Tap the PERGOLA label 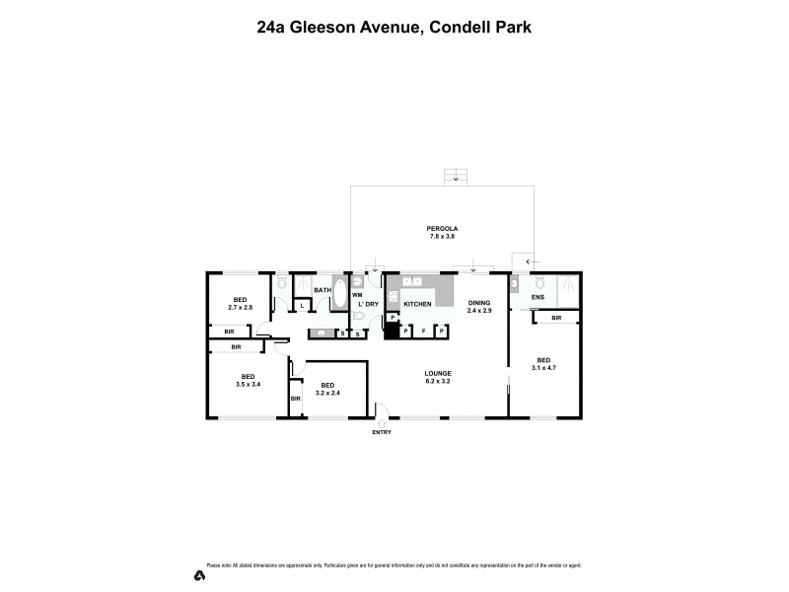click(443, 228)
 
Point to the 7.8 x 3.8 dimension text click(443, 237)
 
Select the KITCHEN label click(418, 304)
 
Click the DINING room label click(479, 303)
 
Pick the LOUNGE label click(438, 373)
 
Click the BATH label click(323, 290)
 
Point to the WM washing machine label click(358, 295)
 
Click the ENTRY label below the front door click(381, 432)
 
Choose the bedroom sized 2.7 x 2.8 click(240, 305)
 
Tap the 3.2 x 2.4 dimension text click(327, 392)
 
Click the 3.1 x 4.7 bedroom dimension click(543, 367)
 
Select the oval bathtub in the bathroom click(340, 295)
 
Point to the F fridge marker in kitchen click(423, 332)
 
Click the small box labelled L click(302, 306)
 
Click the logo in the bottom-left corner click(199, 575)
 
